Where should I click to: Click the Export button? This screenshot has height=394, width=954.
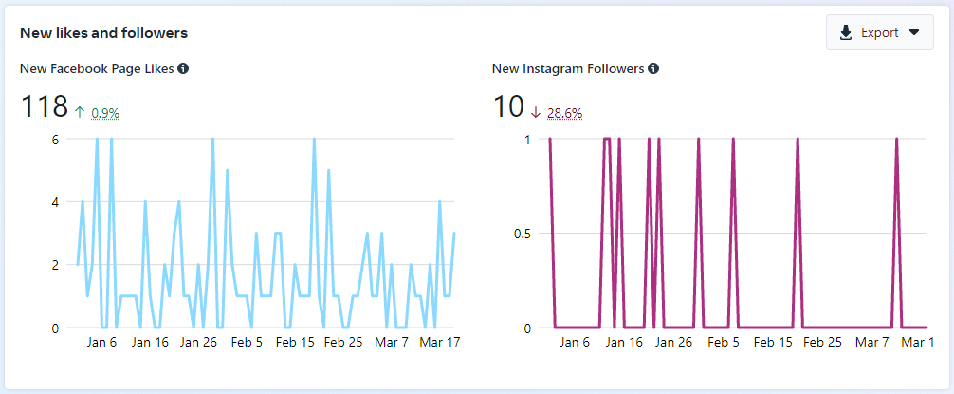point(879,32)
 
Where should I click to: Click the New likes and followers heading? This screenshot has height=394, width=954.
point(103,33)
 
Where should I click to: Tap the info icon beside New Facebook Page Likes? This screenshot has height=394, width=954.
point(183,68)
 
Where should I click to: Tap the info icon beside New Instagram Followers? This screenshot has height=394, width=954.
point(654,68)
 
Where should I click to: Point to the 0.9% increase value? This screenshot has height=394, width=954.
point(105,113)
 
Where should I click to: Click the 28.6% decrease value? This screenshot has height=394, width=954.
point(564,113)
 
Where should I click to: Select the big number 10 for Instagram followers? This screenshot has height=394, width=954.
point(508,107)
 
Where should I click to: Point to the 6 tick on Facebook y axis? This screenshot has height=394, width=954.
point(55,139)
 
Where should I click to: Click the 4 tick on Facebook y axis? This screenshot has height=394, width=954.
point(55,202)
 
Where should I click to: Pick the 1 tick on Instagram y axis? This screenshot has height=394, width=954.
point(527,139)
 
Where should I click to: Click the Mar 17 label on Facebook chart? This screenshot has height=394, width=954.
point(439,342)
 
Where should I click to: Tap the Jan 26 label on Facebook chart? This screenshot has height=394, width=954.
point(197,342)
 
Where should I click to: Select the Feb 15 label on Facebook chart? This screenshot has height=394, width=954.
point(294,342)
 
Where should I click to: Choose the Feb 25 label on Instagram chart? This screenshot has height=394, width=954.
point(821,342)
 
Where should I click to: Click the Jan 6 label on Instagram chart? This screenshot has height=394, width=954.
point(575,342)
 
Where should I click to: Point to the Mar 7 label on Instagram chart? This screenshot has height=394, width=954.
point(871,342)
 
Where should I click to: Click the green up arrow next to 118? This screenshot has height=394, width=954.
point(80,112)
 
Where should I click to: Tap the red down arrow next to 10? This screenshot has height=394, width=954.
point(536,112)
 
